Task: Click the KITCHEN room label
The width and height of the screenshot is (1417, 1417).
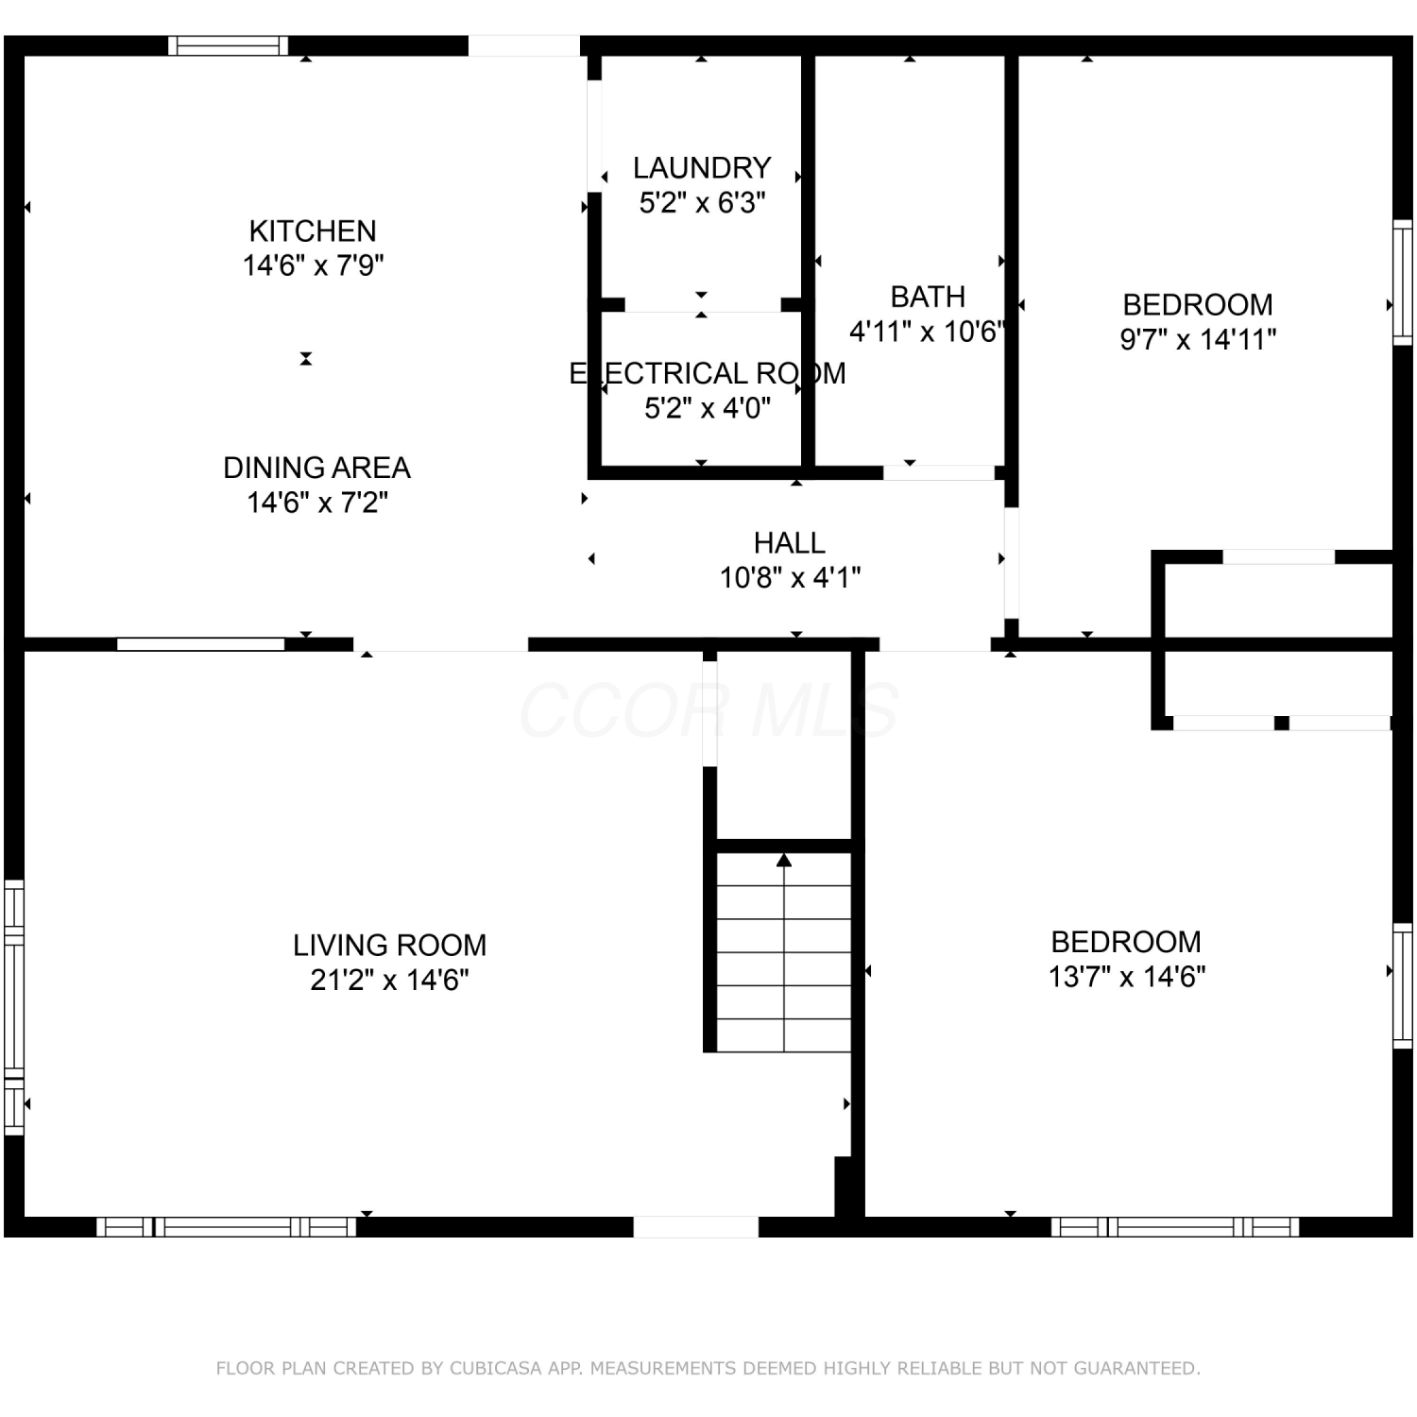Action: pyautogui.click(x=313, y=230)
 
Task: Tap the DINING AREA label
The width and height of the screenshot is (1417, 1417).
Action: pyautogui.click(x=316, y=468)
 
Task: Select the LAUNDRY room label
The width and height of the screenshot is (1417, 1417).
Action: pyautogui.click(x=702, y=168)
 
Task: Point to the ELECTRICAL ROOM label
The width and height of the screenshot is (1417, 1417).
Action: pyautogui.click(x=708, y=373)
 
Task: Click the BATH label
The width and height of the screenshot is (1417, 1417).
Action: pyautogui.click(x=928, y=297)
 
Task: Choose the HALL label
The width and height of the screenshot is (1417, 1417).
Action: pyautogui.click(x=790, y=543)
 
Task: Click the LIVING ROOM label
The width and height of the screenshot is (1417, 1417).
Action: pyautogui.click(x=389, y=945)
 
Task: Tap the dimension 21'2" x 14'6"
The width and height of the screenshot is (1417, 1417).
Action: pyautogui.click(x=389, y=980)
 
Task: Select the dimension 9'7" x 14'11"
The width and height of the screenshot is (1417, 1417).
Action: pyautogui.click(x=1198, y=339)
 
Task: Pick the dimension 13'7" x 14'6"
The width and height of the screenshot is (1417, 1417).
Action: pyautogui.click(x=1127, y=976)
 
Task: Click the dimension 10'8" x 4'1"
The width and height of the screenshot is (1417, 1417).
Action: pyautogui.click(x=790, y=577)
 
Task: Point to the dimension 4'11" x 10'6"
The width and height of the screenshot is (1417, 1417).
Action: pyautogui.click(x=927, y=332)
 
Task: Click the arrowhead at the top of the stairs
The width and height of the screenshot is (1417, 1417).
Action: pyautogui.click(x=784, y=860)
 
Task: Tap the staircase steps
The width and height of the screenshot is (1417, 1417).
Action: pyautogui.click(x=784, y=952)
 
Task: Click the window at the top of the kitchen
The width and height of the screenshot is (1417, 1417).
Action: pyautogui.click(x=229, y=45)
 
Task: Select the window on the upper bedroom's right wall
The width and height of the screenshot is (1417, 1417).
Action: pyautogui.click(x=1403, y=282)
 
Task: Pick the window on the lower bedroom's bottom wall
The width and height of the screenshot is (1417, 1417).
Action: pyautogui.click(x=1175, y=1227)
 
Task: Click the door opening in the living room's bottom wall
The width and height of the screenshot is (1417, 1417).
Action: pyautogui.click(x=695, y=1227)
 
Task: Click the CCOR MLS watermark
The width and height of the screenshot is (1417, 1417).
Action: pyautogui.click(x=708, y=710)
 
